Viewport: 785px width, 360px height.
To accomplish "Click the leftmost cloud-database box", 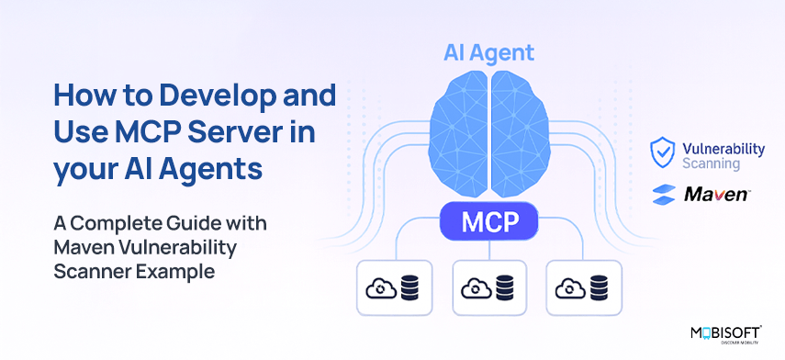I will (x=394, y=287).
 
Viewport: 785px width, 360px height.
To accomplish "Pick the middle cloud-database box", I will (x=489, y=287).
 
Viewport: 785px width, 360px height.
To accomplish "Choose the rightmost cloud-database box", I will (x=584, y=287).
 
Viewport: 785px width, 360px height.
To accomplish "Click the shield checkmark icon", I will (x=662, y=152).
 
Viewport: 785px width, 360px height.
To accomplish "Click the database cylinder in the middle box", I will (x=505, y=288).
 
